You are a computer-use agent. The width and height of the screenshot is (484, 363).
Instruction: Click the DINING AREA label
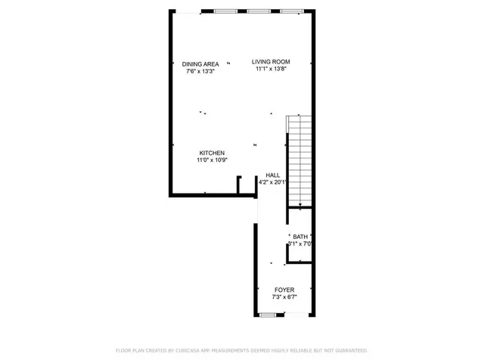pyautogui.click(x=200, y=64)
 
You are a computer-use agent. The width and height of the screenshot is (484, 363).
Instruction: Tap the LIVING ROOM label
pyautogui.click(x=271, y=62)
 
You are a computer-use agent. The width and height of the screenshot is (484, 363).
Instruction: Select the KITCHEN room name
pyautogui.click(x=212, y=153)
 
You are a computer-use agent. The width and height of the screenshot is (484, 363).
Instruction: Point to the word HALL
pyautogui.click(x=272, y=175)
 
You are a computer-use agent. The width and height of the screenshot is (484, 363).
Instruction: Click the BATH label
pyautogui.click(x=300, y=237)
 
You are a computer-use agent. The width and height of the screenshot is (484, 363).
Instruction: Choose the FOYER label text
pyautogui.click(x=285, y=290)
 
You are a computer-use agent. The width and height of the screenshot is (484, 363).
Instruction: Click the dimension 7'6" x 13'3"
pyautogui.click(x=200, y=71)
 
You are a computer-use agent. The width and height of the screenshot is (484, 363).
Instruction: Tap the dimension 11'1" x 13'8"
pyautogui.click(x=271, y=70)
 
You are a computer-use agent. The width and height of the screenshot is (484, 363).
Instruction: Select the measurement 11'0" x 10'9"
pyautogui.click(x=212, y=160)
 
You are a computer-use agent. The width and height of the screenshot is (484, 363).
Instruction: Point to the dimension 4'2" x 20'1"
pyautogui.click(x=272, y=182)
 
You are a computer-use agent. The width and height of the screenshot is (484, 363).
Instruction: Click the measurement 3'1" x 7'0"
pyautogui.click(x=300, y=244)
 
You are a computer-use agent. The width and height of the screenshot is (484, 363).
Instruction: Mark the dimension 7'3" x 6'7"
pyautogui.click(x=285, y=297)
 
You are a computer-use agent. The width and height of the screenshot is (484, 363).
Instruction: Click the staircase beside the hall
pyautogui.click(x=300, y=159)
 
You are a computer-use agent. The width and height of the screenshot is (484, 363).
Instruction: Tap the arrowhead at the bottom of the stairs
pyautogui.click(x=300, y=204)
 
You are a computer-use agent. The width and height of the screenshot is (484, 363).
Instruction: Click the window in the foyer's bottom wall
pyautogui.click(x=268, y=315)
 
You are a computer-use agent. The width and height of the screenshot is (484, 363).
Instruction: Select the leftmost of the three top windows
pyautogui.click(x=225, y=11)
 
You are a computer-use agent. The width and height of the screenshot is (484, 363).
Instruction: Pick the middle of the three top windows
pyautogui.click(x=259, y=11)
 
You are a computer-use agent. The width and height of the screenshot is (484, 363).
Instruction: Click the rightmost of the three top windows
pyautogui.click(x=292, y=11)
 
